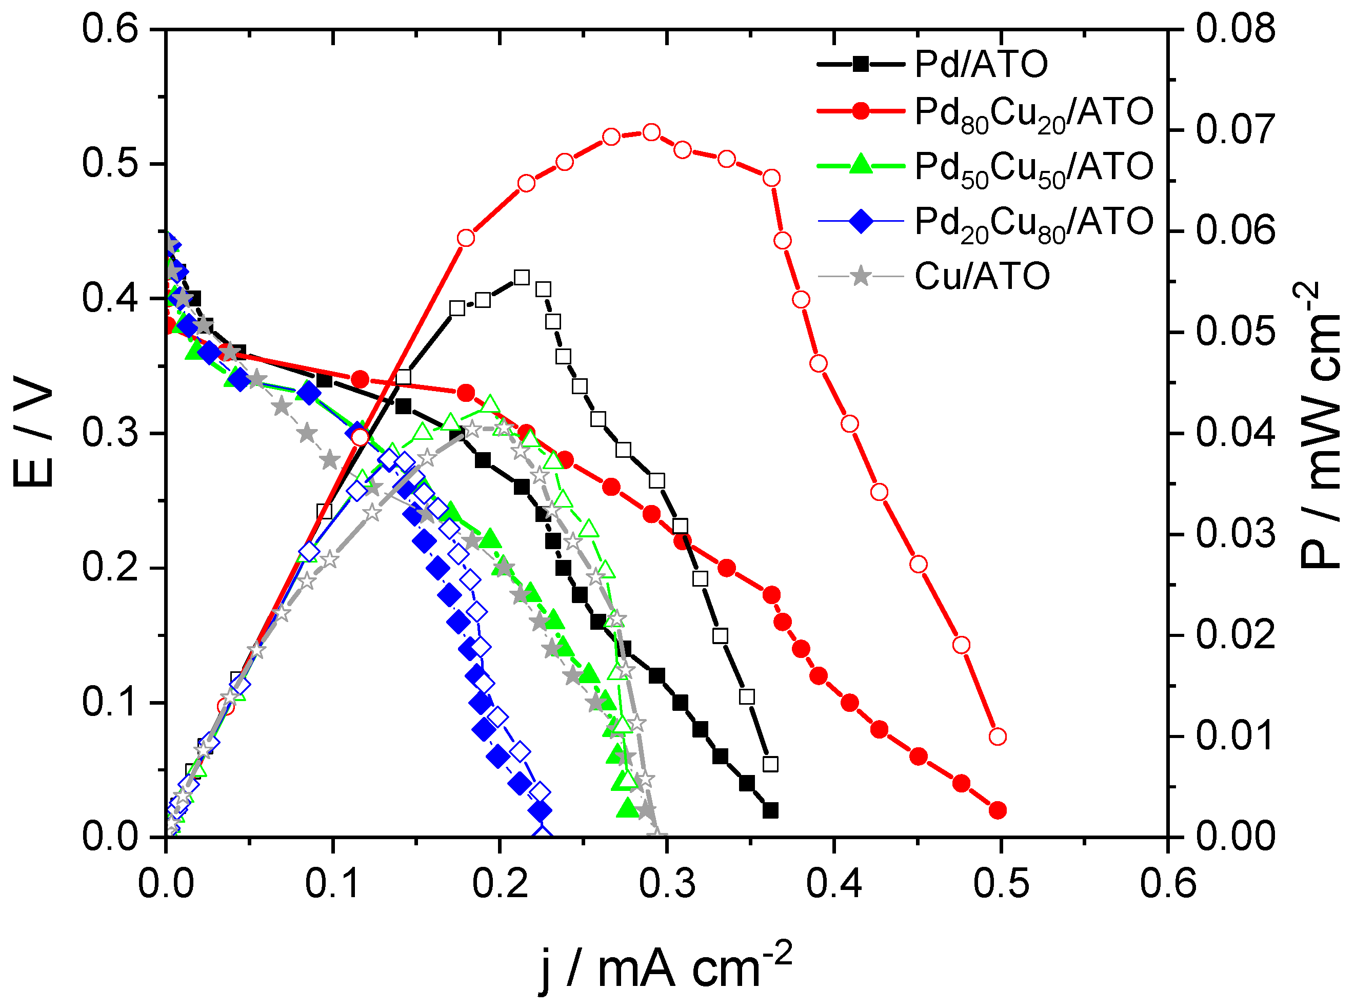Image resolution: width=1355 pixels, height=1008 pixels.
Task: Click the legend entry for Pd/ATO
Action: [x=980, y=64]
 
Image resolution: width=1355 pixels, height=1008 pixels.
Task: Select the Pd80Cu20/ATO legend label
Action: [x=1033, y=113]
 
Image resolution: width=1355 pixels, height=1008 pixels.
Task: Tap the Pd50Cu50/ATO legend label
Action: [x=1033, y=167]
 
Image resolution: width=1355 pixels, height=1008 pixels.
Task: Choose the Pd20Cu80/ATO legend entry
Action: [x=1033, y=222]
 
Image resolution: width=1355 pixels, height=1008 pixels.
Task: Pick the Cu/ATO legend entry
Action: [x=982, y=277]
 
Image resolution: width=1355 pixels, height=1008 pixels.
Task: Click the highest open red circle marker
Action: [x=651, y=132]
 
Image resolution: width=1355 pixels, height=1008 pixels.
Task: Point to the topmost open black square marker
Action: [x=522, y=278]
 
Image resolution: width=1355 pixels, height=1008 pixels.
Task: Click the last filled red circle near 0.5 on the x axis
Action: [x=998, y=810]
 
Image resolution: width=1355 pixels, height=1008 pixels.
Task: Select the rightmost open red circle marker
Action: [x=998, y=736]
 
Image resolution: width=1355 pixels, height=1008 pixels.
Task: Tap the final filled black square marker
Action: [x=771, y=811]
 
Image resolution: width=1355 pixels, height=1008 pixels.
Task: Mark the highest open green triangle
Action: [x=490, y=404]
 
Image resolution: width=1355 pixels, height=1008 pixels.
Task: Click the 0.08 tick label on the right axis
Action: [x=1236, y=28]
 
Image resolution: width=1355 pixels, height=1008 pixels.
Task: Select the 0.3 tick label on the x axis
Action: [x=667, y=883]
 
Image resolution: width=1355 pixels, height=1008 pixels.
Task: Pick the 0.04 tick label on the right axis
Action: [x=1236, y=433]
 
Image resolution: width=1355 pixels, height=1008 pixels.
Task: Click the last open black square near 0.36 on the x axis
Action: [x=771, y=764]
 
